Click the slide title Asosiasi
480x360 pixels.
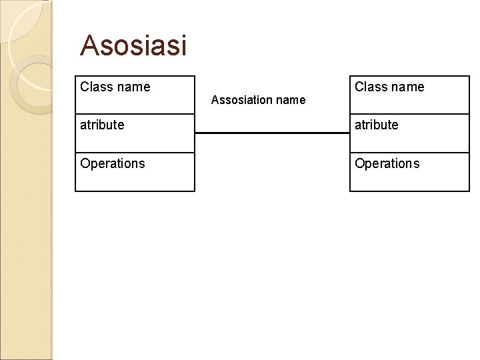[x=133, y=46]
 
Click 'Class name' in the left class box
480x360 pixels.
[x=115, y=87]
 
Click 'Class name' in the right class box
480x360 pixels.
[x=389, y=87]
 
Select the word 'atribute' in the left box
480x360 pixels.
[x=102, y=125]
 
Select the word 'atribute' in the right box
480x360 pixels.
[x=377, y=125]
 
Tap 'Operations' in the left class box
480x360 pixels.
[x=113, y=163]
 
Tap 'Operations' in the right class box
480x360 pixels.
[x=387, y=163]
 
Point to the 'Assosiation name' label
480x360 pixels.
[x=258, y=100]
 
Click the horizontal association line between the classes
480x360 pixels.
[x=272, y=133]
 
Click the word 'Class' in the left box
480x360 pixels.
[x=95, y=87]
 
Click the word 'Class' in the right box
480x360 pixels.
[x=370, y=87]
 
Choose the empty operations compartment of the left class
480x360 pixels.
[x=135, y=180]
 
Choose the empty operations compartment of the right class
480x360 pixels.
[x=409, y=180]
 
